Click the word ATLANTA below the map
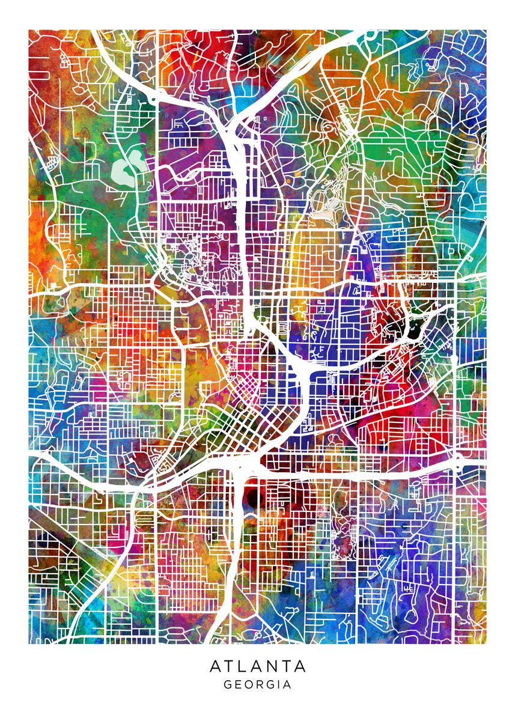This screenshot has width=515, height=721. click(x=258, y=666)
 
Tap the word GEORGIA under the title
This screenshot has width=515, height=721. click(x=257, y=684)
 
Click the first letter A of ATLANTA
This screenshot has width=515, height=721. click(x=215, y=666)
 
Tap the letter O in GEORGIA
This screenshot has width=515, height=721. click(x=248, y=684)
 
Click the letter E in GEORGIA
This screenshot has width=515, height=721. click(x=237, y=684)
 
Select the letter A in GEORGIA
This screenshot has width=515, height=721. click(x=287, y=684)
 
